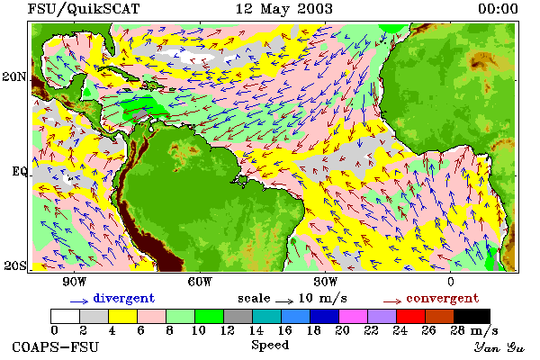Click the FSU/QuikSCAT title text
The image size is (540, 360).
[84, 9]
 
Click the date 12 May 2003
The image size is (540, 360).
[284, 9]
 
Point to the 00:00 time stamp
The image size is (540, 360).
[498, 9]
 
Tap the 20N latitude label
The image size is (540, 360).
[14, 76]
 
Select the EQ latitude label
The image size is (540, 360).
[19, 171]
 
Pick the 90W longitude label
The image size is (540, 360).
[75, 282]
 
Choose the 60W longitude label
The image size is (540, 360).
[200, 282]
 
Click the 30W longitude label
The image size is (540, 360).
[326, 282]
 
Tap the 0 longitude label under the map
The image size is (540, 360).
[451, 282]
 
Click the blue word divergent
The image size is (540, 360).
[123, 298]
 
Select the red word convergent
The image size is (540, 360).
[443, 298]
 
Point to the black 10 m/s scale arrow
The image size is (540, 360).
[284, 301]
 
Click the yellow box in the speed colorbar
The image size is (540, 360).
[123, 316]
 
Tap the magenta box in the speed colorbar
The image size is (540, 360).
[354, 316]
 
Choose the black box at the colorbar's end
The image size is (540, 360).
[472, 316]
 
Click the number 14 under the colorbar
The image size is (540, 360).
[256, 330]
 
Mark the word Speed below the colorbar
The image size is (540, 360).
[270, 346]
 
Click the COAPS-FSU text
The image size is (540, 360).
[56, 346]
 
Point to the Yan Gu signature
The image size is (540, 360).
[499, 347]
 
